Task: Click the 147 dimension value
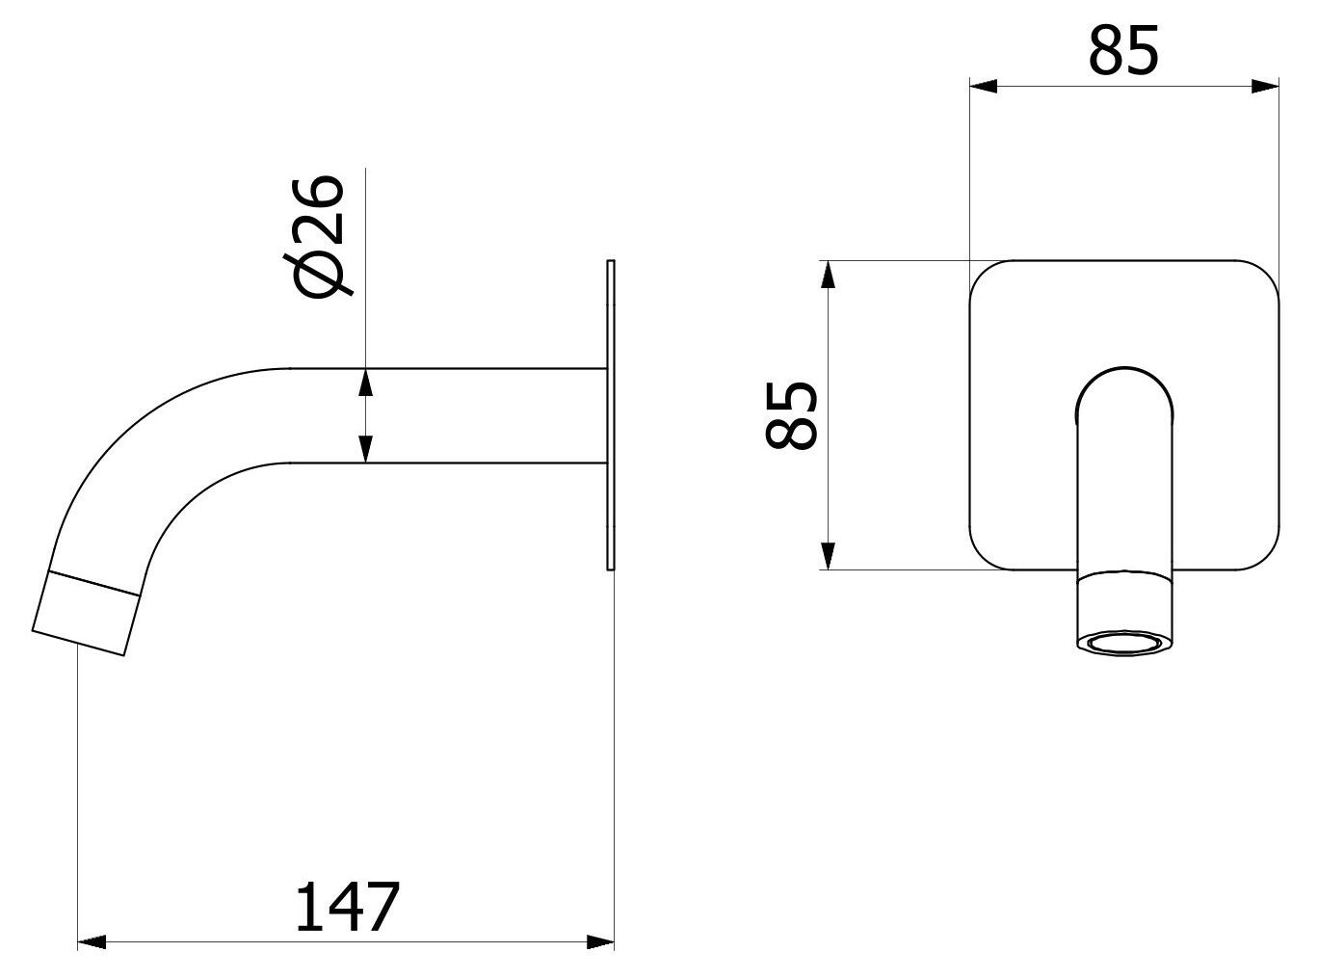click(346, 906)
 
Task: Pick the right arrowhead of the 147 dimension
click(602, 940)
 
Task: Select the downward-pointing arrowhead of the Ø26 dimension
click(365, 448)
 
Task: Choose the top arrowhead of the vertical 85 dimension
click(826, 275)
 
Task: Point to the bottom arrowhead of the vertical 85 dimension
click(826, 555)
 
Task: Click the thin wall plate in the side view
click(610, 414)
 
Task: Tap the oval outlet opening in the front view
click(1124, 642)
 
